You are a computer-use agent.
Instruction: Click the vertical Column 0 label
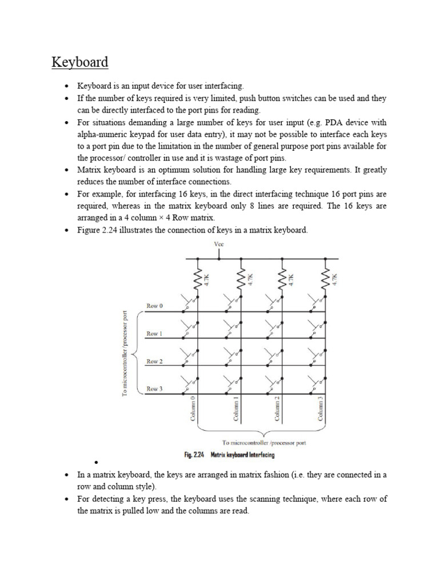(x=193, y=409)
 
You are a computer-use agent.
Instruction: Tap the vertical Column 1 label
(x=236, y=409)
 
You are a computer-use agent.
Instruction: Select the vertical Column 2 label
(x=277, y=409)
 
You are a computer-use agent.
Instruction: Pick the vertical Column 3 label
(x=321, y=409)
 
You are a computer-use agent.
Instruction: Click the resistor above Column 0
(x=198, y=279)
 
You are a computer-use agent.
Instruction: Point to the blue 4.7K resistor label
(x=292, y=279)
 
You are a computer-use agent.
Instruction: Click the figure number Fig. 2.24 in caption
(x=195, y=455)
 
